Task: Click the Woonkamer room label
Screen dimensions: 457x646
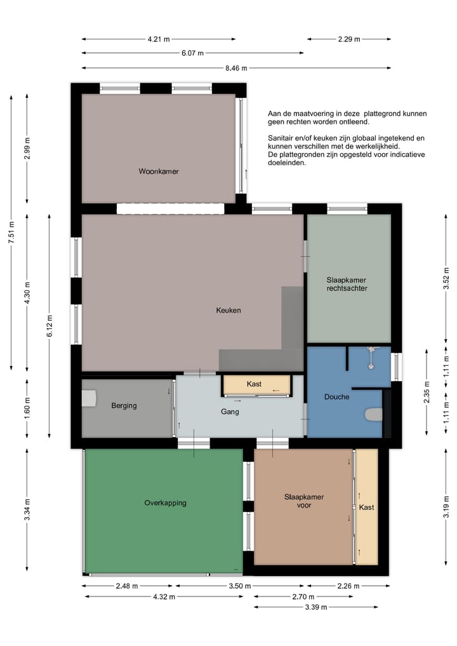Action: tap(159, 172)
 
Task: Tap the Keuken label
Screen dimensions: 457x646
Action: tap(228, 310)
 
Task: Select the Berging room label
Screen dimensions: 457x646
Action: tap(124, 406)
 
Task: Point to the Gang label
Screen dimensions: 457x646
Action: tap(230, 412)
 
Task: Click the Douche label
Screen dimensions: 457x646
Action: tap(337, 397)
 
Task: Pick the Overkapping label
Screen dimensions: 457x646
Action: tap(165, 503)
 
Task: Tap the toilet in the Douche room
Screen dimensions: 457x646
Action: tap(374, 414)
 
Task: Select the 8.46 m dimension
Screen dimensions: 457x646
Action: tap(236, 68)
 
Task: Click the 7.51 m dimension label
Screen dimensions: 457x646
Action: tap(11, 232)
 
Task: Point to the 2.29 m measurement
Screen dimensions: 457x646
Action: tap(349, 39)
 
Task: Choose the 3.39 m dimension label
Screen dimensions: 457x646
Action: tap(316, 607)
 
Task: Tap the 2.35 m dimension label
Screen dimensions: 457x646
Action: tap(427, 392)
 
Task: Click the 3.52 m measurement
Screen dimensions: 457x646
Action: tap(446, 278)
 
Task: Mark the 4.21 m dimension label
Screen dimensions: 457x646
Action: tap(159, 39)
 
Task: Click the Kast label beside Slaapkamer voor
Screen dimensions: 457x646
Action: tap(366, 507)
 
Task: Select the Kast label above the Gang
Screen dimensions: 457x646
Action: tap(254, 384)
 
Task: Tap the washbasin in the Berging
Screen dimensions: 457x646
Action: tap(88, 398)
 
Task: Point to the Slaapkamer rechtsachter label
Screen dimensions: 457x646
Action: tap(347, 285)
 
